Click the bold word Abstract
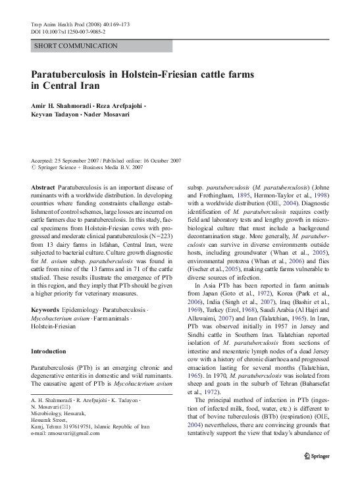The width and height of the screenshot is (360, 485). point(43,188)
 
